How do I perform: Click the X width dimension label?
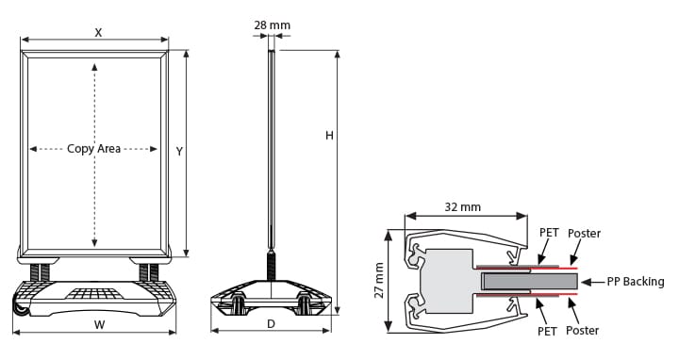(98, 31)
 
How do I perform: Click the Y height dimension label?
(178, 151)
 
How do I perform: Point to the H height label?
(329, 136)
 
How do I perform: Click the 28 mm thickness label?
(272, 24)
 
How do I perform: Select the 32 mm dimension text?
(462, 206)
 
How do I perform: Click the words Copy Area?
(93, 149)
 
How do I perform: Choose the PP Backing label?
(636, 281)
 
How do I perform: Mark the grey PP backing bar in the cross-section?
(528, 281)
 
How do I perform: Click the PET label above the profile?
(549, 232)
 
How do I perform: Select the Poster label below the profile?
(583, 330)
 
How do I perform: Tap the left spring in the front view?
(41, 272)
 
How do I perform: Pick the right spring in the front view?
(148, 272)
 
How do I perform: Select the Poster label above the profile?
(584, 232)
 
